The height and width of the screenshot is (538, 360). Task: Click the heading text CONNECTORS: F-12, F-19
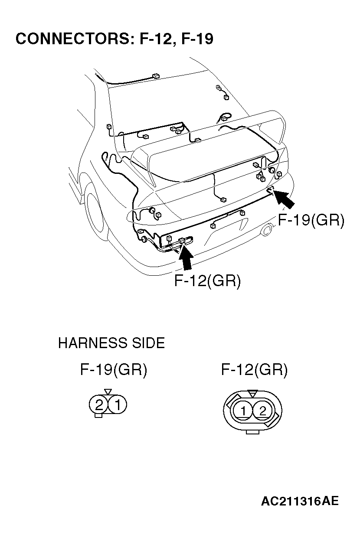[114, 39]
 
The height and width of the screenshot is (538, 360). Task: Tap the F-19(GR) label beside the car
[311, 220]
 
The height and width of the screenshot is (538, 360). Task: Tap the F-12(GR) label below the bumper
[207, 280]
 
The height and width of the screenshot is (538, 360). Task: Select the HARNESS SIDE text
[111, 343]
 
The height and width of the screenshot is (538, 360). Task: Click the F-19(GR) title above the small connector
[114, 370]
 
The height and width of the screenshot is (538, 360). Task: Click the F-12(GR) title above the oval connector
[254, 370]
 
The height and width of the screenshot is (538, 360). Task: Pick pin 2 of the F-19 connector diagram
[99, 405]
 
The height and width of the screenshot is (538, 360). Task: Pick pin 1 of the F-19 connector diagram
[117, 405]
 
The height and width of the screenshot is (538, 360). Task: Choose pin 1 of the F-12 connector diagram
[244, 411]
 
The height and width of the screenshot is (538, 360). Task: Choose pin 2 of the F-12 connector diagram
[262, 411]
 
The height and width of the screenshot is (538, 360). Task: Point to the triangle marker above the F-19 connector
[108, 391]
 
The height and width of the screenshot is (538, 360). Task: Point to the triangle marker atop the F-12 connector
[252, 393]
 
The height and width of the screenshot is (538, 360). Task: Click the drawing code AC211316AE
[299, 502]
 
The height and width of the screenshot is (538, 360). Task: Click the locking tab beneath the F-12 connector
[252, 431]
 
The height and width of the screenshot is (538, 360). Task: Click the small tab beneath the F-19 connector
[98, 416]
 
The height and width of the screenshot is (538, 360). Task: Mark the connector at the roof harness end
[156, 77]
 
